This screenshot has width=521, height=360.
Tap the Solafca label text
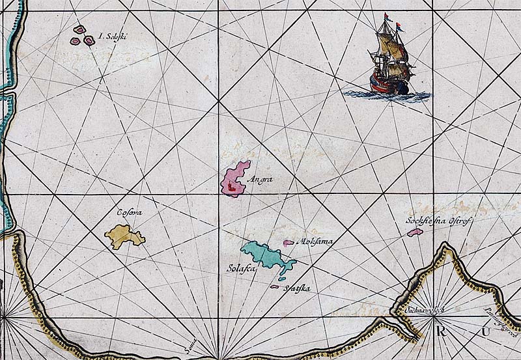point(239,268)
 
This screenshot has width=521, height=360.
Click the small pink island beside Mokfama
point(288,243)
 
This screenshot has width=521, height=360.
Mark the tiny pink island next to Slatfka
point(274,287)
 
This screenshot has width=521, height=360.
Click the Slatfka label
point(296,290)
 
